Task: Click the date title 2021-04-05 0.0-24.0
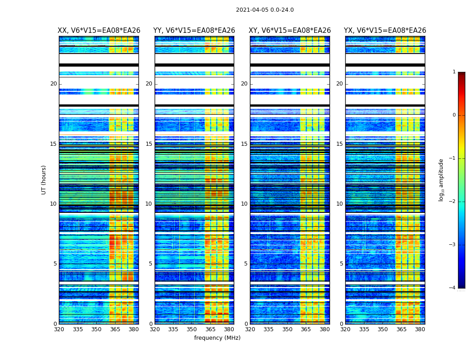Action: coord(265,10)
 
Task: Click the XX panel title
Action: coord(99,31)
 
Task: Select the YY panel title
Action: coord(194,31)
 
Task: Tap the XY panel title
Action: coord(290,31)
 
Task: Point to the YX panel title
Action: coord(385,31)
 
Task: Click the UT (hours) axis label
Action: coord(44,180)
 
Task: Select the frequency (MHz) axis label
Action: coord(217,338)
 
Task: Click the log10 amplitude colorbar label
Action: coord(441,180)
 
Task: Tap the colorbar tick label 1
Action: coord(454,72)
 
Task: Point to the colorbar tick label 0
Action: coord(454,115)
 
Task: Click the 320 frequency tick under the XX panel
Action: coord(59,329)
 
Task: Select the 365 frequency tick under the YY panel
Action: coord(210,329)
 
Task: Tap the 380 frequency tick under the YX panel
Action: coord(420,329)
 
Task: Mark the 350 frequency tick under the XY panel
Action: coord(287,329)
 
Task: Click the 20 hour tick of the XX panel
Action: coord(53,84)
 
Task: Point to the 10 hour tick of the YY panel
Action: coord(149,204)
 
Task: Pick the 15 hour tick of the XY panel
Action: coord(244,144)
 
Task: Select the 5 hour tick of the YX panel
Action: coord(341,264)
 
